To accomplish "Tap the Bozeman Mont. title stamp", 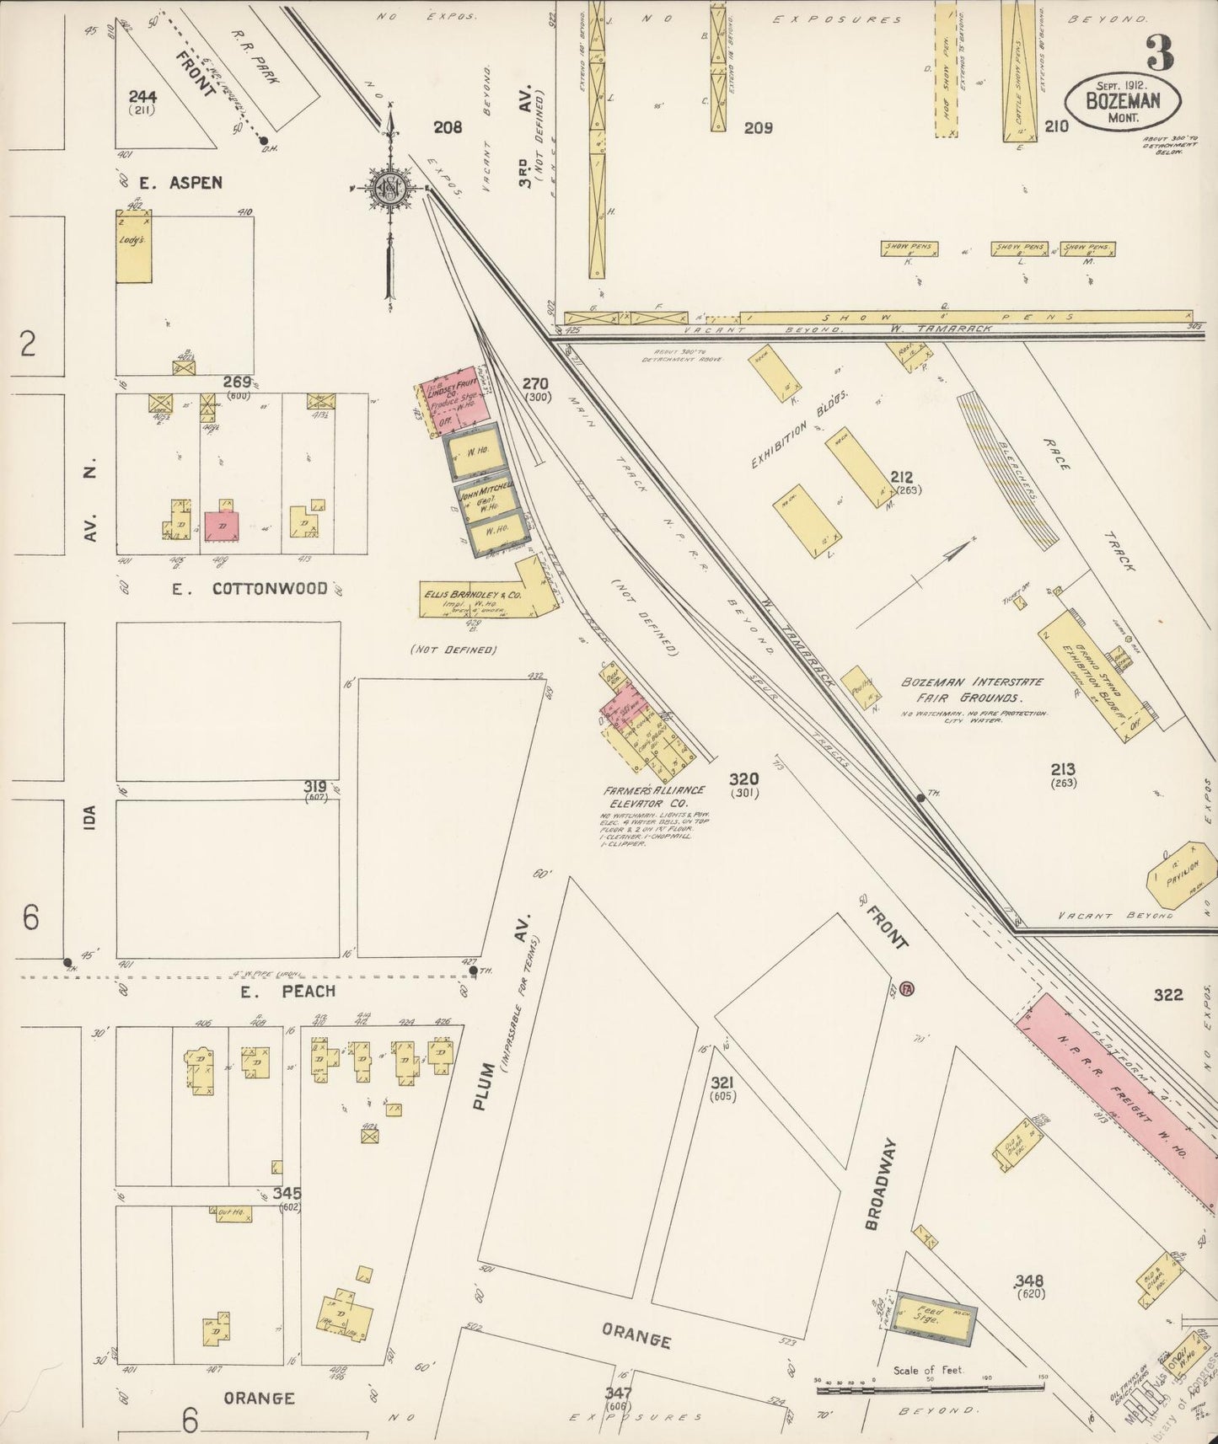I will click(1122, 102).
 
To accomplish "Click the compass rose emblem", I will click(390, 189).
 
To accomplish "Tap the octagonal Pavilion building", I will click(1182, 874).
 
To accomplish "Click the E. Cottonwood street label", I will click(250, 589).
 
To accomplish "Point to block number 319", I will click(315, 786).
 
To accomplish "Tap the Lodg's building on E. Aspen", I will click(134, 246).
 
